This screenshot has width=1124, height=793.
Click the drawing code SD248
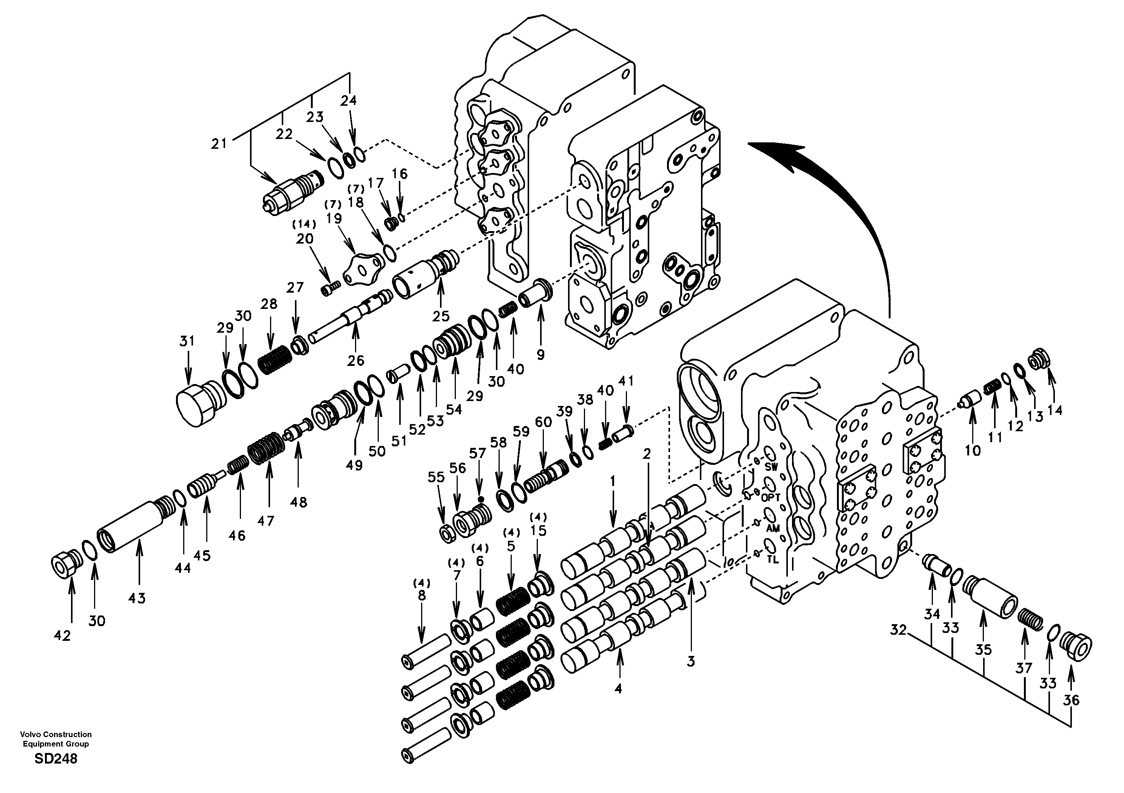[x=56, y=759]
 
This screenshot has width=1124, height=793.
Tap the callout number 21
[x=219, y=143]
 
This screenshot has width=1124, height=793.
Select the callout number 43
[x=137, y=598]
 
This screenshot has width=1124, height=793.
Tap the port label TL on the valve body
[x=772, y=560]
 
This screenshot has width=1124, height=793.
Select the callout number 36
[x=1071, y=700]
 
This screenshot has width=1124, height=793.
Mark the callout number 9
[x=540, y=355]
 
